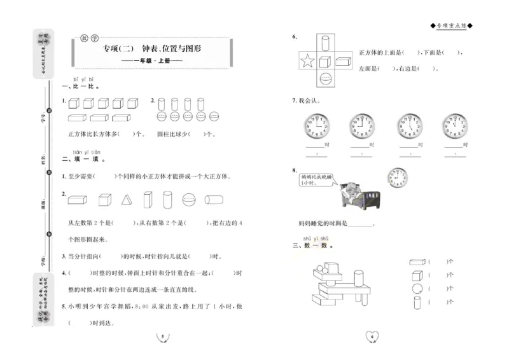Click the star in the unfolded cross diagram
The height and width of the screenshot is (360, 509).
307,62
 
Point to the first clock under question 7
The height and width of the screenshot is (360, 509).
316,126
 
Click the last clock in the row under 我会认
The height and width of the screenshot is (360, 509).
456,126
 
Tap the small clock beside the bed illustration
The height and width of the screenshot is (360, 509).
398,176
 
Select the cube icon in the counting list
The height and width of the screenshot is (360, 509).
416,275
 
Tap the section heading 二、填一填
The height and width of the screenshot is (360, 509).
83,160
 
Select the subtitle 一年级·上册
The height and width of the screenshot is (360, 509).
151,61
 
